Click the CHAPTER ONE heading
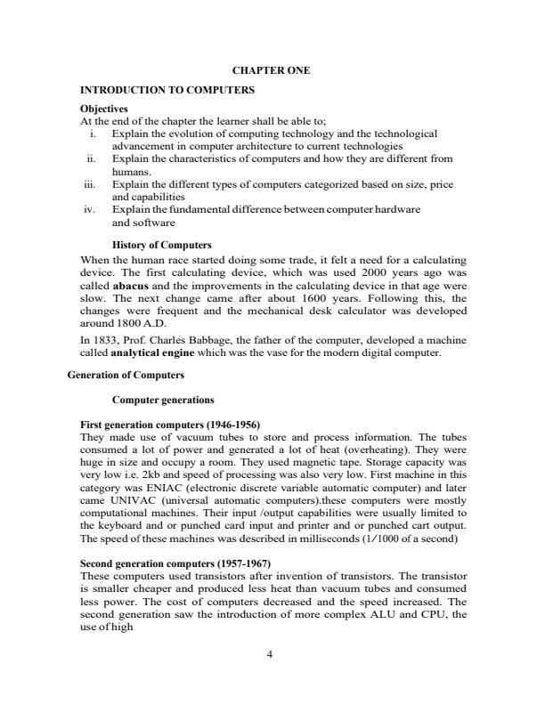point(271,70)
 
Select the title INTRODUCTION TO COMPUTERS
point(167,91)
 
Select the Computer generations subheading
point(163,400)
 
